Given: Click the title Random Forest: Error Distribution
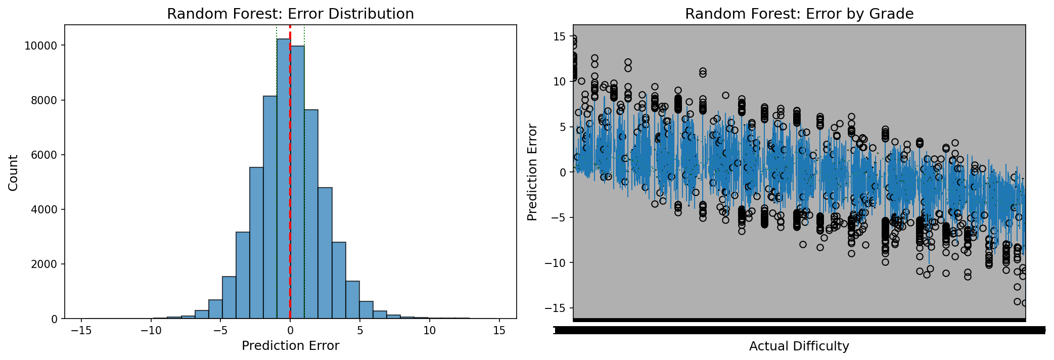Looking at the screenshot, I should point(290,14).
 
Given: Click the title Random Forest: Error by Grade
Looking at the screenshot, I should point(799,14).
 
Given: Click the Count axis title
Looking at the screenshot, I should point(14,172).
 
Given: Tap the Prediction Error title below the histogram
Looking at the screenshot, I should point(290,346).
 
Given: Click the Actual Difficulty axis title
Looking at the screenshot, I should point(799,346).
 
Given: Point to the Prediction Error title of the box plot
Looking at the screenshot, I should point(532,172).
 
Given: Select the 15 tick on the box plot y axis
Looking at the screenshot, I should point(560,36).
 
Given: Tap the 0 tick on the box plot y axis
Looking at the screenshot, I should point(562,172).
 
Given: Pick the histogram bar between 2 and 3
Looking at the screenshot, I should point(325,253).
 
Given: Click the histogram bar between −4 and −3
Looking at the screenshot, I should point(243,276).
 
